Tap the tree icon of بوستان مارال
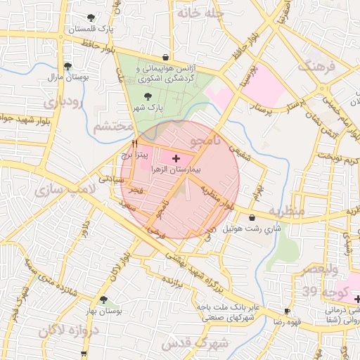coord(67,66)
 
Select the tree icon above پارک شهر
coord(147,97)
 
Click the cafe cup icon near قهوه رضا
coord(287,311)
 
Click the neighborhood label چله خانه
coord(200,13)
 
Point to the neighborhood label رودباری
coord(63,103)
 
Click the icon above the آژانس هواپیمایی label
coord(165,57)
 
